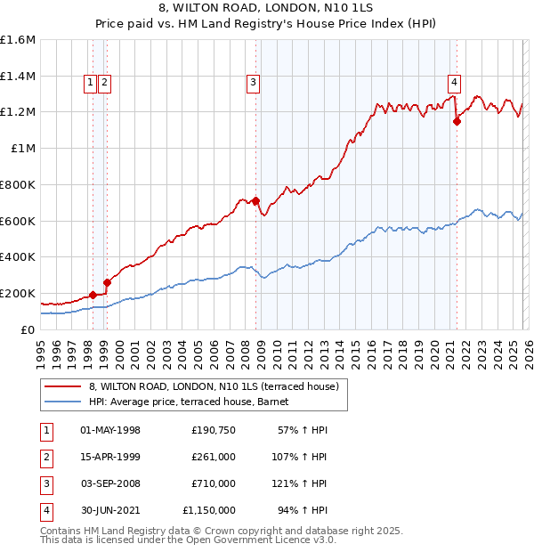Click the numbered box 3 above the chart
(253, 83)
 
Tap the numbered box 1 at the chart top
(91, 83)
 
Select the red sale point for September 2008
(255, 201)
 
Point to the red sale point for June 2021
(457, 122)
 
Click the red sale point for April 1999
(107, 282)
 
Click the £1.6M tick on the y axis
(18, 40)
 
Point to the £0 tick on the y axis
(28, 329)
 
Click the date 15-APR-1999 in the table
(110, 457)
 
